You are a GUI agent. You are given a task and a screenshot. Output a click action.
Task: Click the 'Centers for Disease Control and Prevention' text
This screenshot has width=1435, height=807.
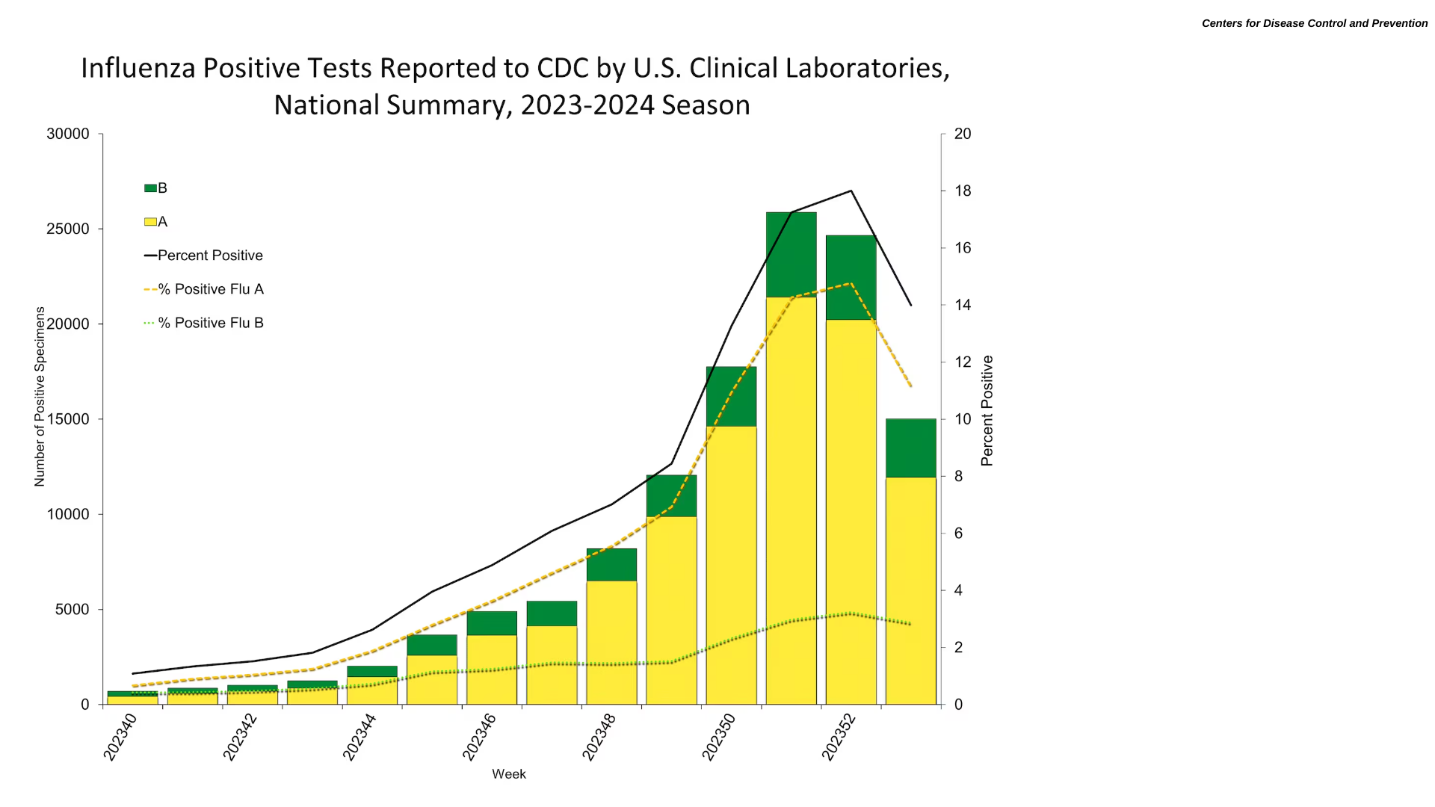[x=1314, y=23]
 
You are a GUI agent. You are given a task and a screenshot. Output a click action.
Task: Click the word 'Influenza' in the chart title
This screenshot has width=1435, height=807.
[x=138, y=68]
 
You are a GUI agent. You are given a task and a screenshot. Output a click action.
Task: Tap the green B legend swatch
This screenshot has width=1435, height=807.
[x=150, y=188]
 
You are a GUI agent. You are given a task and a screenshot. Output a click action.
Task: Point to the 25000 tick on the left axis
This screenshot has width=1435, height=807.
[x=68, y=229]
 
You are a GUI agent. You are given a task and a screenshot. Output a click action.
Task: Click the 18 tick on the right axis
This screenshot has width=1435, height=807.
[x=962, y=191]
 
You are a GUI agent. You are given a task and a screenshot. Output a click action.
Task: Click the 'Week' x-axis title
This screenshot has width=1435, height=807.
[x=508, y=774]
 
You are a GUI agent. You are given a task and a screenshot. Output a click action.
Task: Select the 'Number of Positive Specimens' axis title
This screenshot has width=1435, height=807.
[x=40, y=396]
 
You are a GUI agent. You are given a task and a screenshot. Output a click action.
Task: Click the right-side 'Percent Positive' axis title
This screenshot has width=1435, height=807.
[x=987, y=410]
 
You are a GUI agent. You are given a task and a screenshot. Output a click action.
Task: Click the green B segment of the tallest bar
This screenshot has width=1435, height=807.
[x=791, y=254]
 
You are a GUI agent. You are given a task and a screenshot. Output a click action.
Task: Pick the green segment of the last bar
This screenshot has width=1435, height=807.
[x=910, y=448]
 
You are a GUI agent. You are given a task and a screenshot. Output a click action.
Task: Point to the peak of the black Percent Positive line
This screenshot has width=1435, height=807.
[x=851, y=191]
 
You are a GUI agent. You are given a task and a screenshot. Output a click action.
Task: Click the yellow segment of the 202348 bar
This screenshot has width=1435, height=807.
[x=611, y=642]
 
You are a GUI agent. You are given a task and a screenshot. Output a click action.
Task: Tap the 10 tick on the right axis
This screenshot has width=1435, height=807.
[x=962, y=419]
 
